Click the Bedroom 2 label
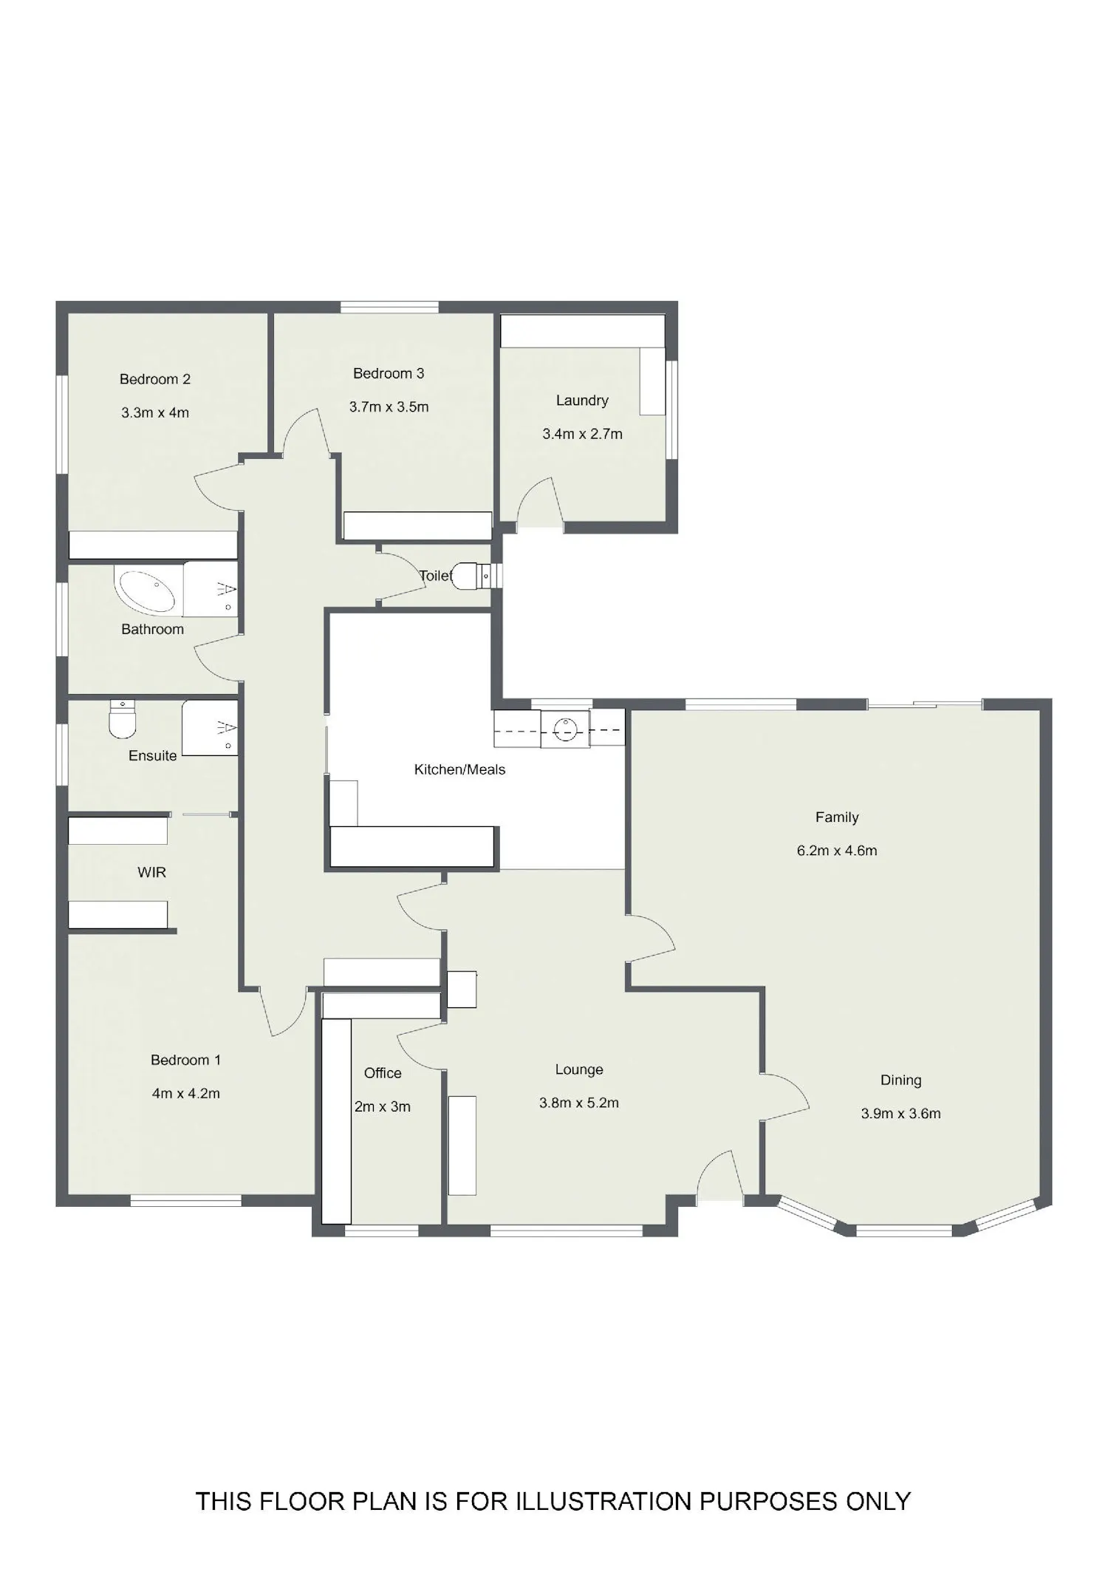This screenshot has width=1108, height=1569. pos(155,379)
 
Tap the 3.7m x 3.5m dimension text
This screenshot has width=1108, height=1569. pos(389,406)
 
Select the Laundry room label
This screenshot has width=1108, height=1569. pos(582,401)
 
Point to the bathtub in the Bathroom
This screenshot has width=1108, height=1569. pos(146,590)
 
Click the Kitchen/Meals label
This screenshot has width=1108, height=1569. pos(459,769)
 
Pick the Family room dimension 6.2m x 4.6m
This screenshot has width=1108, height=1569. pos(837,851)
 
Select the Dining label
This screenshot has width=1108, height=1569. pos(901,1080)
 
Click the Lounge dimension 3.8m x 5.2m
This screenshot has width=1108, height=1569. pos(579,1103)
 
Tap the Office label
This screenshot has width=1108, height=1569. pos(383,1073)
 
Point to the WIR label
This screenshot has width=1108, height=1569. pos(152,872)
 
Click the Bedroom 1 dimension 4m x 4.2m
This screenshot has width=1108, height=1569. pos(186,1093)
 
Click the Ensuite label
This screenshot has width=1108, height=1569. pos(153,755)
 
